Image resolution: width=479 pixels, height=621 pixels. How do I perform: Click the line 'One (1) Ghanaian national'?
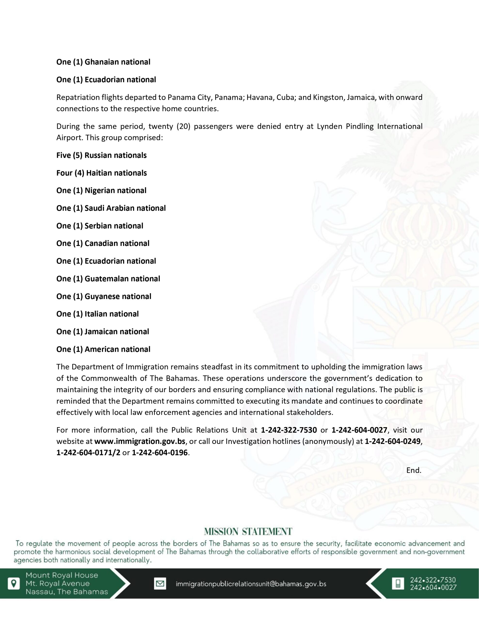103,62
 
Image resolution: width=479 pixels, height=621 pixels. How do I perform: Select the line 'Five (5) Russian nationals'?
101,155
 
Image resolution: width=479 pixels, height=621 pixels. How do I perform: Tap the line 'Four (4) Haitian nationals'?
101,173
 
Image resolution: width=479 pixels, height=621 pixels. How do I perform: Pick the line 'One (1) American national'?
103,349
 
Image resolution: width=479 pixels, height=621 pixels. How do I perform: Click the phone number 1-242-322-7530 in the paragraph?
289,430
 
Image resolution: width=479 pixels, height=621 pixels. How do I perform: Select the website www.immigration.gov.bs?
140,441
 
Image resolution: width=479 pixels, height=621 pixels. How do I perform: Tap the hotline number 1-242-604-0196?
160,453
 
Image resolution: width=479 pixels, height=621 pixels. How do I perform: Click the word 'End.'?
414,470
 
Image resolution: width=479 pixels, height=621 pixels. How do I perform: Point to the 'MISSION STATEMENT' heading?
248,531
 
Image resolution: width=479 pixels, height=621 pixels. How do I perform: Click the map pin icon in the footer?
13,583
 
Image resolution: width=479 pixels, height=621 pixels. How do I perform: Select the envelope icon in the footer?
160,584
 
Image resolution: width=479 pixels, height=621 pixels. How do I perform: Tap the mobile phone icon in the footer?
398,584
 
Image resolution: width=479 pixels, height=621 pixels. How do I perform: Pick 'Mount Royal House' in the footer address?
62,575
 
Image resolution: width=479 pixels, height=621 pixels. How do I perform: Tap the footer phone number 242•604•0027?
433,588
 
